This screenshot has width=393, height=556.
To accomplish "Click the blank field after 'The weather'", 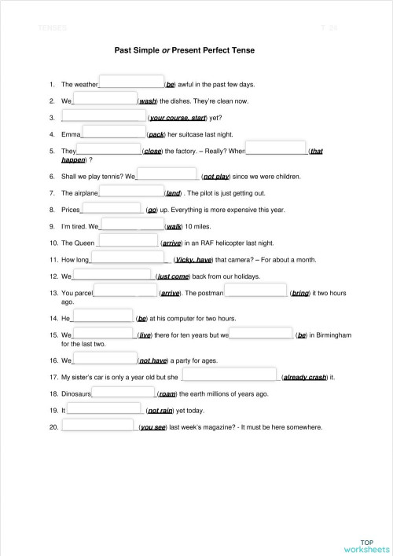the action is (130, 82).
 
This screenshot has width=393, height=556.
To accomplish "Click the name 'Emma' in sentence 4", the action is (71, 134).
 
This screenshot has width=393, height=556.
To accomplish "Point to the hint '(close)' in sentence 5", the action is (154, 151).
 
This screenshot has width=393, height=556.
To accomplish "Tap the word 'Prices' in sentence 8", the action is (71, 210).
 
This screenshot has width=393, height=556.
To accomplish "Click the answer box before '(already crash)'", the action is (230, 375).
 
